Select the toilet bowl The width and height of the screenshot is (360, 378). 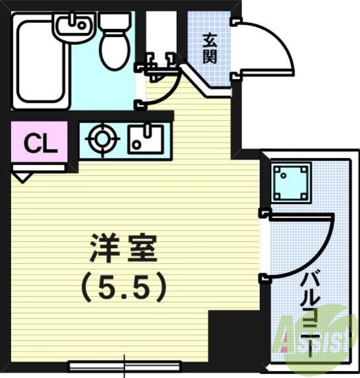114,50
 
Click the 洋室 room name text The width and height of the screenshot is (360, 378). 123,249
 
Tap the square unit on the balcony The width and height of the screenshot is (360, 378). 291,182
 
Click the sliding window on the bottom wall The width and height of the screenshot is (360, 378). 125,365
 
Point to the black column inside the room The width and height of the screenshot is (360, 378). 233,336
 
